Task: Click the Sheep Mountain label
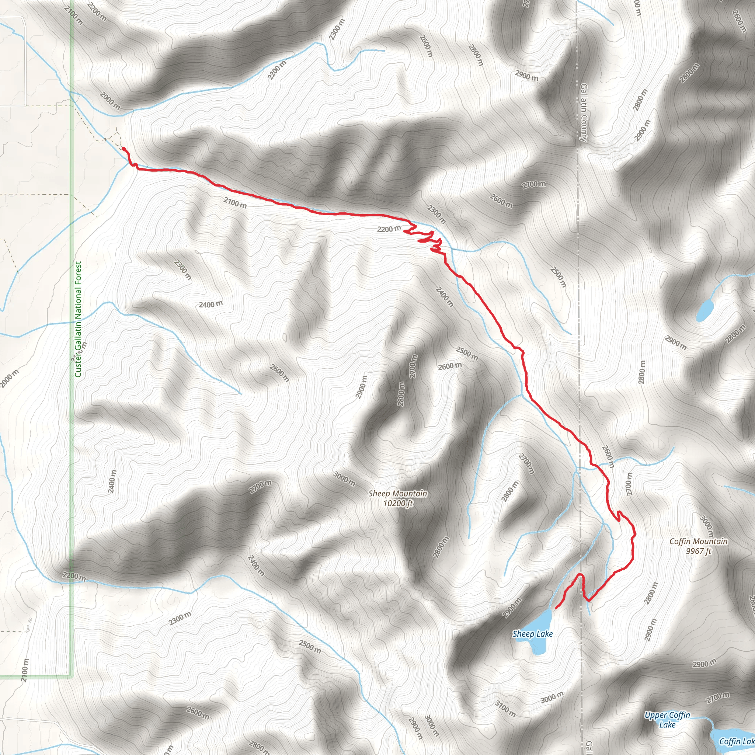click(397, 494)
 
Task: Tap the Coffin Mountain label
click(698, 541)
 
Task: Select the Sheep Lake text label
click(532, 633)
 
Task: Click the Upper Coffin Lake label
click(667, 720)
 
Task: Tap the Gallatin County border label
click(584, 112)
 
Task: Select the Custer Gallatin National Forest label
click(78, 319)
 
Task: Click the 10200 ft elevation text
click(398, 503)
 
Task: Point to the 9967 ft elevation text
click(698, 551)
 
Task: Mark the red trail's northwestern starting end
click(123, 149)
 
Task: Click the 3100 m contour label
click(505, 709)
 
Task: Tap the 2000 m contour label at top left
click(110, 100)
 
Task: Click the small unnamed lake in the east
click(704, 311)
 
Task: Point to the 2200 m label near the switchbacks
click(389, 228)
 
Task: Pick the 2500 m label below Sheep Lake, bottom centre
click(310, 647)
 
